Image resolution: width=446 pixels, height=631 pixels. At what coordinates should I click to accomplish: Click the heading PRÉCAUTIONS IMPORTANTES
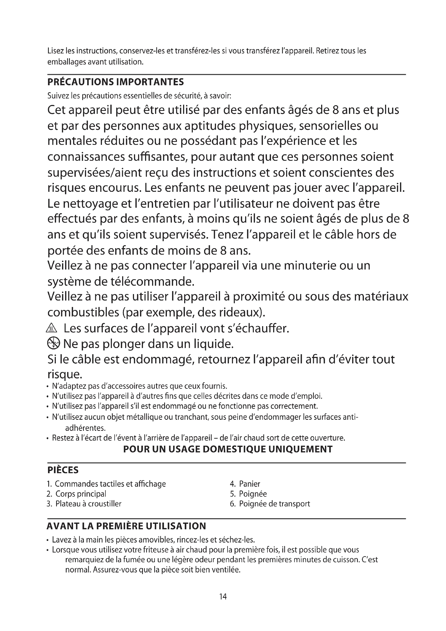(116, 82)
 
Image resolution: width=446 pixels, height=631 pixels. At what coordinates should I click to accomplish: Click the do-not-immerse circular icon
(53, 343)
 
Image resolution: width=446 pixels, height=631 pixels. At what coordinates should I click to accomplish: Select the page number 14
(223, 596)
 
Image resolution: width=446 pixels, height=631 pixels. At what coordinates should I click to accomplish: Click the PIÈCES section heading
(63, 470)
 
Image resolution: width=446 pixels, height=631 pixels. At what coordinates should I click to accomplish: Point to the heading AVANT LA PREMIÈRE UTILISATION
(126, 526)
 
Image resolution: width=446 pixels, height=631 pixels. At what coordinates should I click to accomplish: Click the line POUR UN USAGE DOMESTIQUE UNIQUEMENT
(228, 449)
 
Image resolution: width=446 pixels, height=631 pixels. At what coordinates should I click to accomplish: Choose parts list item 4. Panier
(245, 484)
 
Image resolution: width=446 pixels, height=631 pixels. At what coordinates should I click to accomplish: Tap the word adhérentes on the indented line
(85, 428)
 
